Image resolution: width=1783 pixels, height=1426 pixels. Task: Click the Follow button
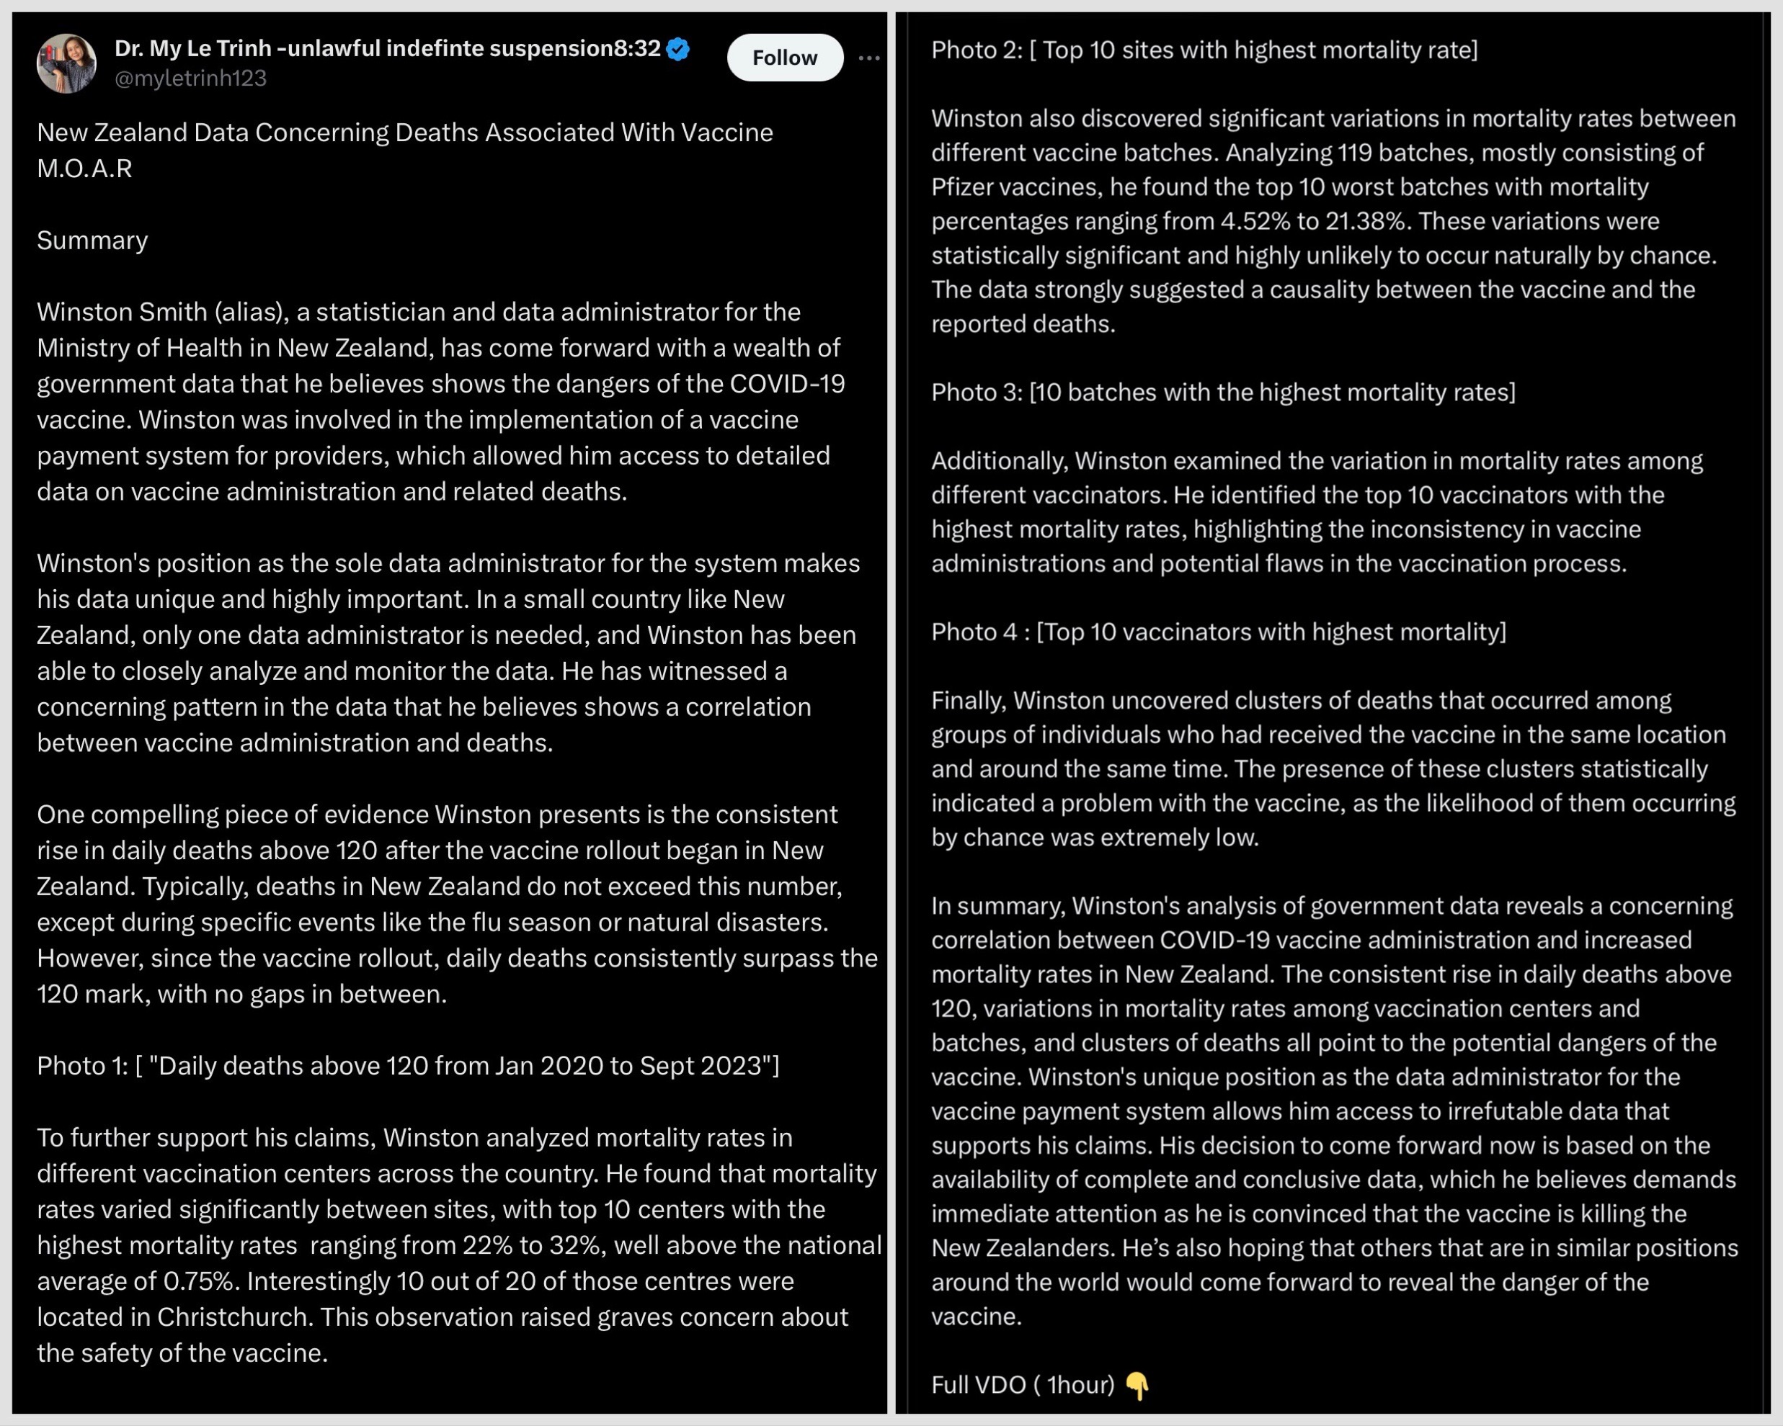coord(784,58)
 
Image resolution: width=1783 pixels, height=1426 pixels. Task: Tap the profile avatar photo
coord(66,63)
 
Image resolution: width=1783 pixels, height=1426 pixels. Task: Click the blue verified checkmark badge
coord(678,50)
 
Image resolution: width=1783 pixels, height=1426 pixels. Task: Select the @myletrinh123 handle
coord(190,79)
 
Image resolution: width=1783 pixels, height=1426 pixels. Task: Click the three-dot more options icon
coord(868,58)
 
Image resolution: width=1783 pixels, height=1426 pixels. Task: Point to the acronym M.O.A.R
coord(84,169)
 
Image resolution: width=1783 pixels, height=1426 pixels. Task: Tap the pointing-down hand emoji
coord(1138,1386)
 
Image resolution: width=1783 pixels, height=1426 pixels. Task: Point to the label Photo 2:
coord(976,50)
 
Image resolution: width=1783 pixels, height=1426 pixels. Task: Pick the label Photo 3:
coord(976,393)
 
